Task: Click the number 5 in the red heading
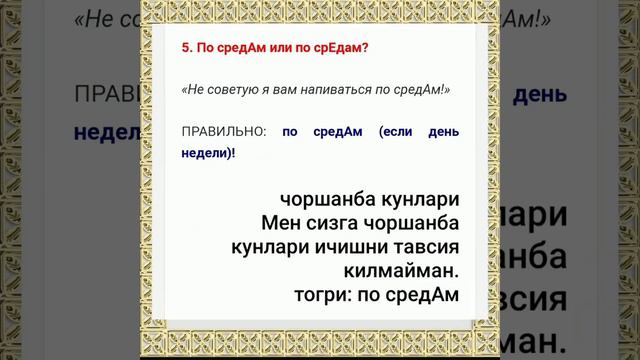pyautogui.click(x=185, y=48)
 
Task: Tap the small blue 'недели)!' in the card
pyautogui.click(x=208, y=154)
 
